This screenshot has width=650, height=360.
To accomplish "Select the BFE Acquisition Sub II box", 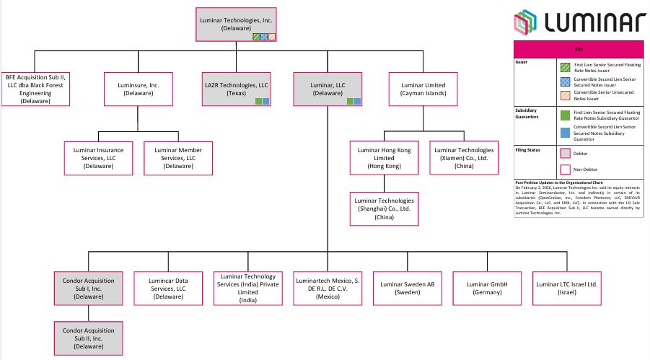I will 35,89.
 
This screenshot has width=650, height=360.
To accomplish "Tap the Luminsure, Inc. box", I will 139,89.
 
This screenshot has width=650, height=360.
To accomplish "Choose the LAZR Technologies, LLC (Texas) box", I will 237,89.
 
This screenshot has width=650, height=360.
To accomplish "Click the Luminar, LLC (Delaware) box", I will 328,89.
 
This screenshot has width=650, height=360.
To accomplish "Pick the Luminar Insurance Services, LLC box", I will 99,157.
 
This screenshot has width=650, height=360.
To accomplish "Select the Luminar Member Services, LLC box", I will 179,157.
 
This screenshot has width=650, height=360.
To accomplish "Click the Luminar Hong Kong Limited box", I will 384,157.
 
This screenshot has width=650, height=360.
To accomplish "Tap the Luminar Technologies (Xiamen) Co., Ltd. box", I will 463,157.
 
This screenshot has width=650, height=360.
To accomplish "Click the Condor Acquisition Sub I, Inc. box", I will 88,289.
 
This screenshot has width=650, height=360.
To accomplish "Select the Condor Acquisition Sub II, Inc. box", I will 88,337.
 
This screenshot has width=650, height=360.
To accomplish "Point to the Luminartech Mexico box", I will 328,289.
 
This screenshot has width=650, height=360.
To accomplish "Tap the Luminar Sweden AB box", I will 408,289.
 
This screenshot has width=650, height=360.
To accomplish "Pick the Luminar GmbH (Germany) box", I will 488,289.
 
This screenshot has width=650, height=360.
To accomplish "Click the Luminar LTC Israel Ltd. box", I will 567,289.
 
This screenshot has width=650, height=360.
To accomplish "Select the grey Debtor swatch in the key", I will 565,153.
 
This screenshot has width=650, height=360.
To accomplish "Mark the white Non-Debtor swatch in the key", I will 565,170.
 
